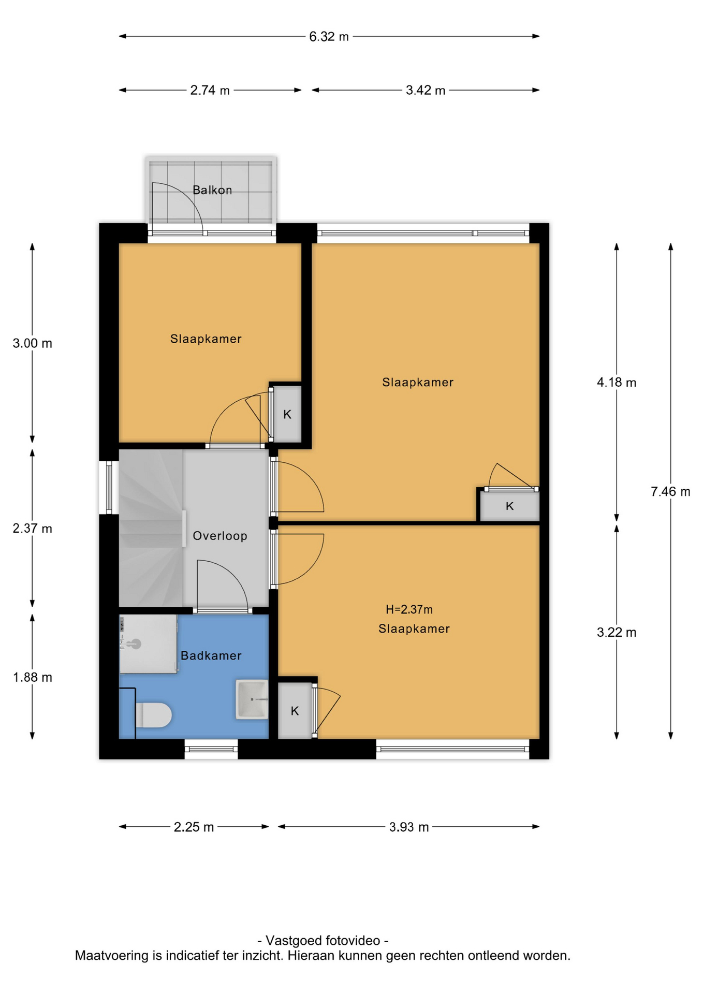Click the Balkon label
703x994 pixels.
click(212, 190)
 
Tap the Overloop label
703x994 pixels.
click(220, 536)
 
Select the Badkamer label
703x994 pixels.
click(211, 655)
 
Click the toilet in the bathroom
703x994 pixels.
click(153, 715)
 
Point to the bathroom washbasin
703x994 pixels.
click(252, 699)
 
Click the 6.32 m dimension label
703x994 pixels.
click(329, 37)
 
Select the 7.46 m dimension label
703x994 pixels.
click(670, 491)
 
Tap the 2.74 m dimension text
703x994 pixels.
click(210, 90)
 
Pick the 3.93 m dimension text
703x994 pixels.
click(409, 827)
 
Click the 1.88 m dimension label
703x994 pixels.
click(33, 677)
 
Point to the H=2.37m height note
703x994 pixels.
click(409, 609)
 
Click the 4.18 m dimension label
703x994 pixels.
click(617, 383)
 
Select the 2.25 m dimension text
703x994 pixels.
click(194, 827)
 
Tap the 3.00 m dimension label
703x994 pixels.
click(33, 343)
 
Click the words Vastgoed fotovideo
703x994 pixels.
click(323, 941)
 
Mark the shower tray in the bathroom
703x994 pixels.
click(148, 644)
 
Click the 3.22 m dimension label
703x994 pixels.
click(617, 632)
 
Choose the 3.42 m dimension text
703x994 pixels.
click(426, 90)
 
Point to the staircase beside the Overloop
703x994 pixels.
click(151, 528)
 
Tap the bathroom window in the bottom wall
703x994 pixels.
click(211, 749)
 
